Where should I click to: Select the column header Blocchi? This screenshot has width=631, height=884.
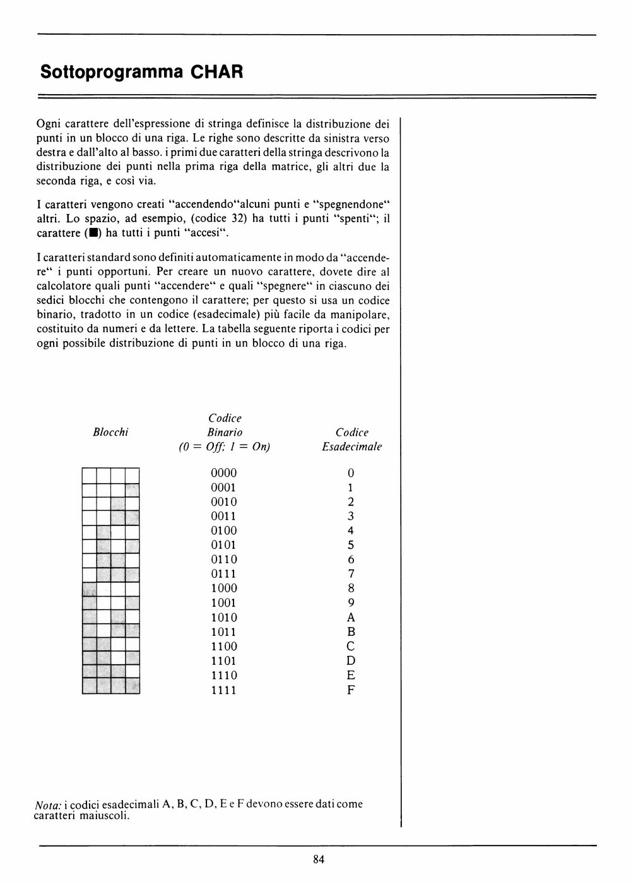(110, 432)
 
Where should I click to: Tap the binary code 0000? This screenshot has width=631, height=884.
(224, 473)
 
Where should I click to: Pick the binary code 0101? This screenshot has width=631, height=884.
(224, 545)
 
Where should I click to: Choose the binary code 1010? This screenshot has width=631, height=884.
(224, 618)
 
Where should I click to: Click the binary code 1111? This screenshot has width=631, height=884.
(224, 690)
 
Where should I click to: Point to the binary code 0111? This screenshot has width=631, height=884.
(224, 574)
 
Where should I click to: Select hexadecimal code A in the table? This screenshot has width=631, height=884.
(351, 618)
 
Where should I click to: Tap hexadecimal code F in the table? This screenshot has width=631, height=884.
(351, 690)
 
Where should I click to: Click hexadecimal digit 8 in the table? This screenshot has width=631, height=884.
(351, 588)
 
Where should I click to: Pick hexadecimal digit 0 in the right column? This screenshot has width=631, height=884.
(351, 473)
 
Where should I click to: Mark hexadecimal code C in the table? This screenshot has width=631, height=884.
(351, 647)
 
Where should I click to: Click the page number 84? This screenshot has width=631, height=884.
(318, 859)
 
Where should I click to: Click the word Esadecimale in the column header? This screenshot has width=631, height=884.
(351, 446)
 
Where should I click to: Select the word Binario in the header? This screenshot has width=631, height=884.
(225, 433)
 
